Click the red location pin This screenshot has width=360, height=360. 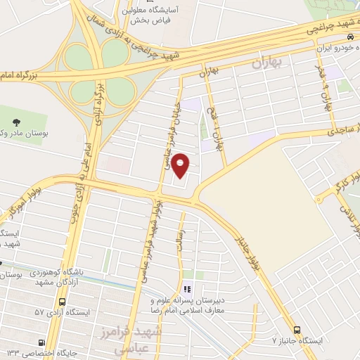point(181,165)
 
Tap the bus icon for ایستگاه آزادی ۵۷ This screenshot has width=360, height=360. point(63,302)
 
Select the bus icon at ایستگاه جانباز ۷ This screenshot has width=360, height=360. point(296,330)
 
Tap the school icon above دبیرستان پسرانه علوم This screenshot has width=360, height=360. point(186,289)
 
